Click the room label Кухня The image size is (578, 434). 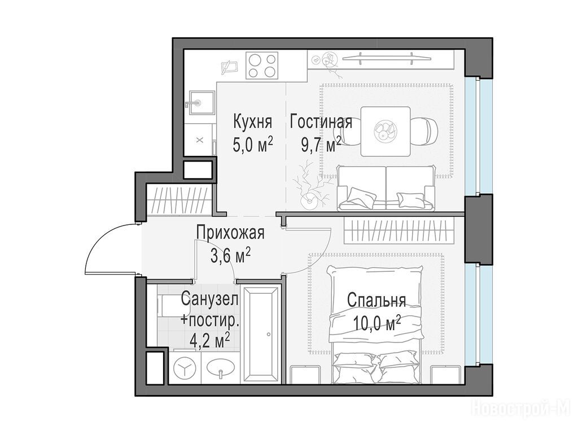[252, 122]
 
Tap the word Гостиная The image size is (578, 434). [321, 122]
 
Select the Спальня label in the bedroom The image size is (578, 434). [376, 301]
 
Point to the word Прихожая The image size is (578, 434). [230, 233]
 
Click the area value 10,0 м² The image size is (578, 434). [377, 323]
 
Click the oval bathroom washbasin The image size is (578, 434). [220, 368]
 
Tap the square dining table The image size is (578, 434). [386, 131]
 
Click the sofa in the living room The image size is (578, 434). [386, 188]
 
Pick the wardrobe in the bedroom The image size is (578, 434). [398, 231]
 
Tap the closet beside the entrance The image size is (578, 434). [179, 199]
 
